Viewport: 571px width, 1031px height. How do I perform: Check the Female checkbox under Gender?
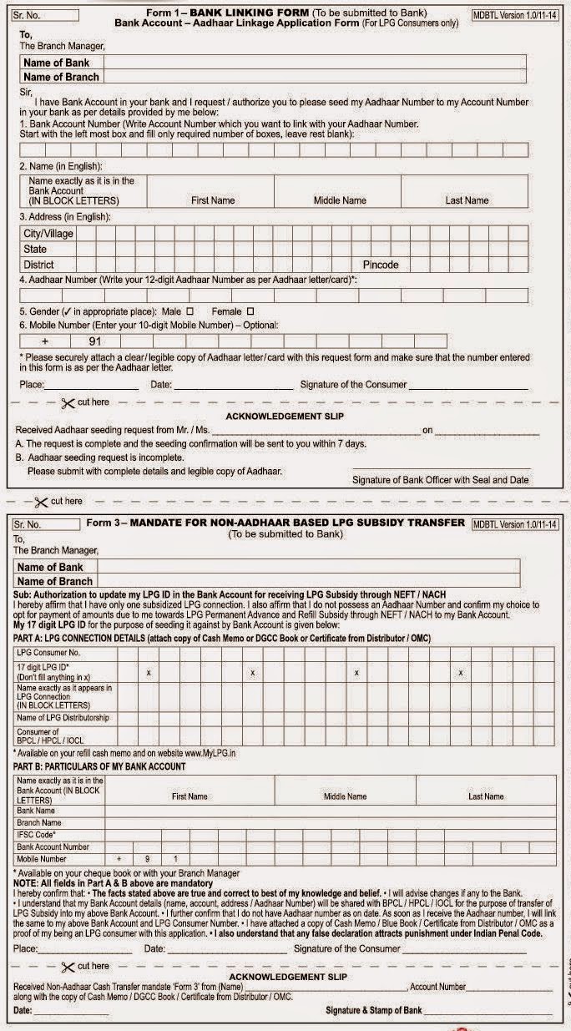pyautogui.click(x=250, y=311)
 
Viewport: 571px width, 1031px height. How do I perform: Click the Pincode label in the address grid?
pyautogui.click(x=380, y=265)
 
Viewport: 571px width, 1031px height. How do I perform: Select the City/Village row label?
pyautogui.click(x=48, y=234)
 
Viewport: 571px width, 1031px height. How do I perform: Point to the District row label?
pyautogui.click(x=40, y=265)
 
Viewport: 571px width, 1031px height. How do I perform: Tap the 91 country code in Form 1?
pyautogui.click(x=97, y=341)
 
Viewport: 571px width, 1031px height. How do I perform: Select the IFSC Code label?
pyautogui.click(x=36, y=834)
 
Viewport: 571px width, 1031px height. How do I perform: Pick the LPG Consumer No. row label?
pyautogui.click(x=48, y=652)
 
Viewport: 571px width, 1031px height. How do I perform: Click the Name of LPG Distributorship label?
pyautogui.click(x=63, y=718)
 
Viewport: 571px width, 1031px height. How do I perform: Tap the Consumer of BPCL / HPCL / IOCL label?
pyautogui.click(x=50, y=736)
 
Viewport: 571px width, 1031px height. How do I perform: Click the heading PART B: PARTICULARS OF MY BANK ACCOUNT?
pyautogui.click(x=99, y=766)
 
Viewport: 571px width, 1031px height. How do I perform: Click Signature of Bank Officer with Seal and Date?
pyautogui.click(x=440, y=480)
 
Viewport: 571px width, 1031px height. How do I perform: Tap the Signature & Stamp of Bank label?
pyautogui.click(x=373, y=1011)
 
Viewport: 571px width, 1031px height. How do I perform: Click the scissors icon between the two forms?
pyautogui.click(x=41, y=502)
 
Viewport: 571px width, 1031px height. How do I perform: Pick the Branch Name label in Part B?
pyautogui.click(x=39, y=822)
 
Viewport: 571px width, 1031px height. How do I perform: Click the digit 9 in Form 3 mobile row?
pyautogui.click(x=147, y=858)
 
